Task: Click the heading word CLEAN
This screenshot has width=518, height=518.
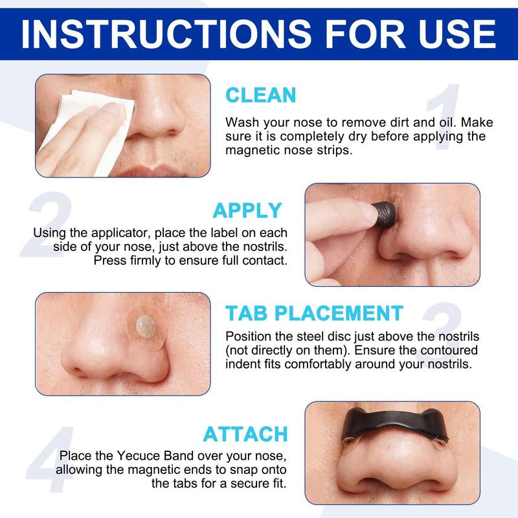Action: pos(260,95)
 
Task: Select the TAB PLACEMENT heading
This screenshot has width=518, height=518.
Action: pos(314,313)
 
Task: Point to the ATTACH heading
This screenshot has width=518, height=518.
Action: pos(245,433)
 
